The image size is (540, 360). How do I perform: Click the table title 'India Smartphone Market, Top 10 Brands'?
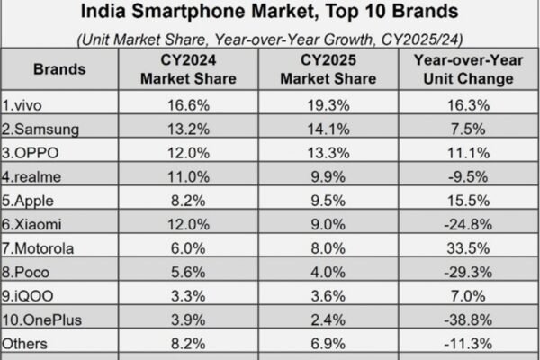[269, 13]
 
